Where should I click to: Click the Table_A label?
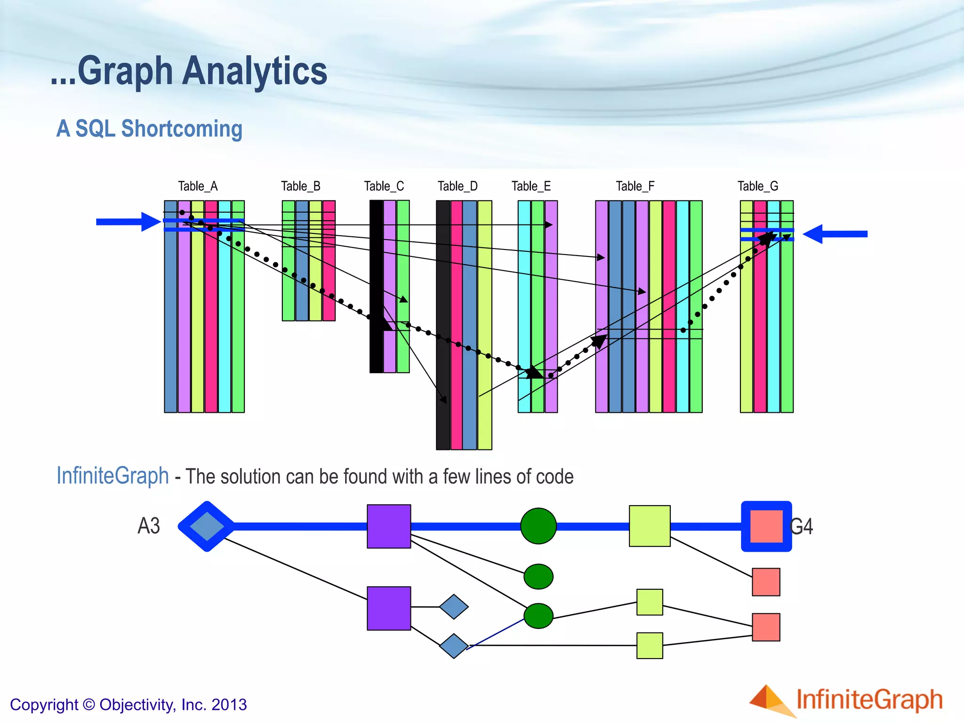(198, 186)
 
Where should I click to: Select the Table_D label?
(458, 186)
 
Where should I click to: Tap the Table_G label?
(758, 186)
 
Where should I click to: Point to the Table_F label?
(635, 186)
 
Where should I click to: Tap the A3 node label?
(149, 526)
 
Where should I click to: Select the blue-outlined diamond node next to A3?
(207, 526)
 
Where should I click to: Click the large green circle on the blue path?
(538, 526)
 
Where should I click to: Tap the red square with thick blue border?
(766, 526)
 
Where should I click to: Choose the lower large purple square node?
(389, 608)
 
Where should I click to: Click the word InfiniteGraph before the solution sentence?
(112, 475)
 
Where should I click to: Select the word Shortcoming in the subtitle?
(182, 129)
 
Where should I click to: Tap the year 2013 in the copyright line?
(229, 705)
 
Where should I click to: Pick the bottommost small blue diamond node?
(454, 645)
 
